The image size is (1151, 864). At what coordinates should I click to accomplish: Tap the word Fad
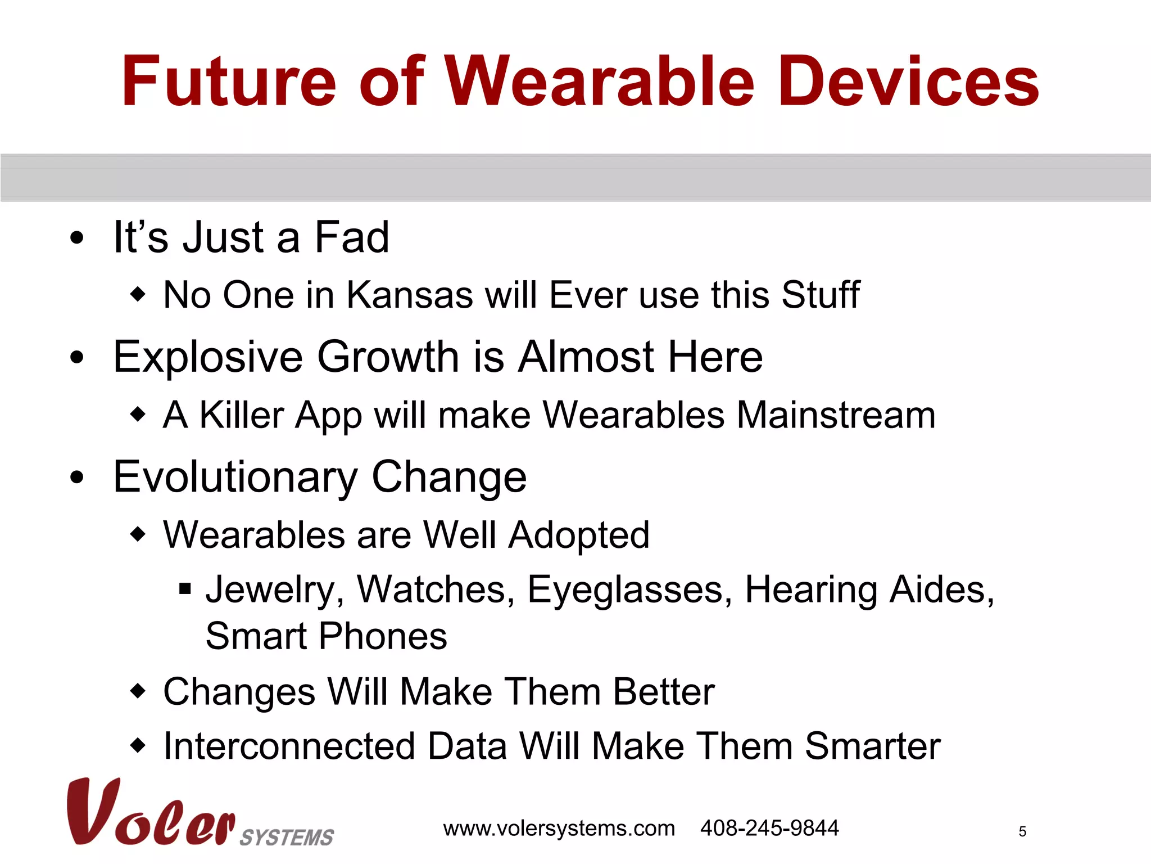[351, 237]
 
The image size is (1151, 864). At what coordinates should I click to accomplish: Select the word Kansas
[410, 295]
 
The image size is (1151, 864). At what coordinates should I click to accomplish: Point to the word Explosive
[208, 358]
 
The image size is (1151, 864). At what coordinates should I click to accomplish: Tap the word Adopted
[579, 535]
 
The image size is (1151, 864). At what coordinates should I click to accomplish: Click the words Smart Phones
[326, 636]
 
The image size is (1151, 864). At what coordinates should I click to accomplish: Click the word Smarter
[872, 746]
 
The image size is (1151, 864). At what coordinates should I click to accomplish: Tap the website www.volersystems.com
[559, 829]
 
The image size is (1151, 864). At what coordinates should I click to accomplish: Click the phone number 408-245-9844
[769, 828]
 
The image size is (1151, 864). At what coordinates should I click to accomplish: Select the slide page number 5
[1022, 832]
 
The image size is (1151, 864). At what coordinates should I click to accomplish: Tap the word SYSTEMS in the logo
[287, 838]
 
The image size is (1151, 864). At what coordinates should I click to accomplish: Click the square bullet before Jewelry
[185, 589]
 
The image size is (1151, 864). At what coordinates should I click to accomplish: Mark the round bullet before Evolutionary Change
[77, 478]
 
